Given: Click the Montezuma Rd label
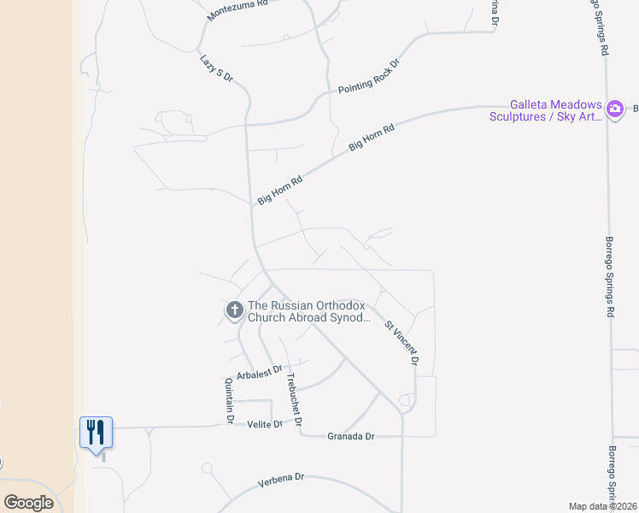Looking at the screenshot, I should [237, 9].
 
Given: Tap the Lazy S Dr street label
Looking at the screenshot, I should [216, 68].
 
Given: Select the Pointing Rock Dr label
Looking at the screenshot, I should [368, 77].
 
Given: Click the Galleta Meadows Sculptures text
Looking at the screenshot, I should [545, 110].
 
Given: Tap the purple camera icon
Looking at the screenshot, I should [614, 109].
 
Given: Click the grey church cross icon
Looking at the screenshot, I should [234, 311].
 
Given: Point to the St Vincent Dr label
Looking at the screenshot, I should [402, 344].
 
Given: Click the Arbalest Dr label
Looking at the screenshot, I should [261, 372].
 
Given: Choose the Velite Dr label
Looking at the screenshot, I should [264, 424].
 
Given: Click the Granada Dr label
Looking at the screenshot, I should [351, 436].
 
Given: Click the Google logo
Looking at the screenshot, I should [28, 503].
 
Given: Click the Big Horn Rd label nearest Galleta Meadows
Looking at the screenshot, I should [372, 139].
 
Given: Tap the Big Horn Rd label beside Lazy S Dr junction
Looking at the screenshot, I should [280, 191].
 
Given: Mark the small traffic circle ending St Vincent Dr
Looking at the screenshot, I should [405, 400].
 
